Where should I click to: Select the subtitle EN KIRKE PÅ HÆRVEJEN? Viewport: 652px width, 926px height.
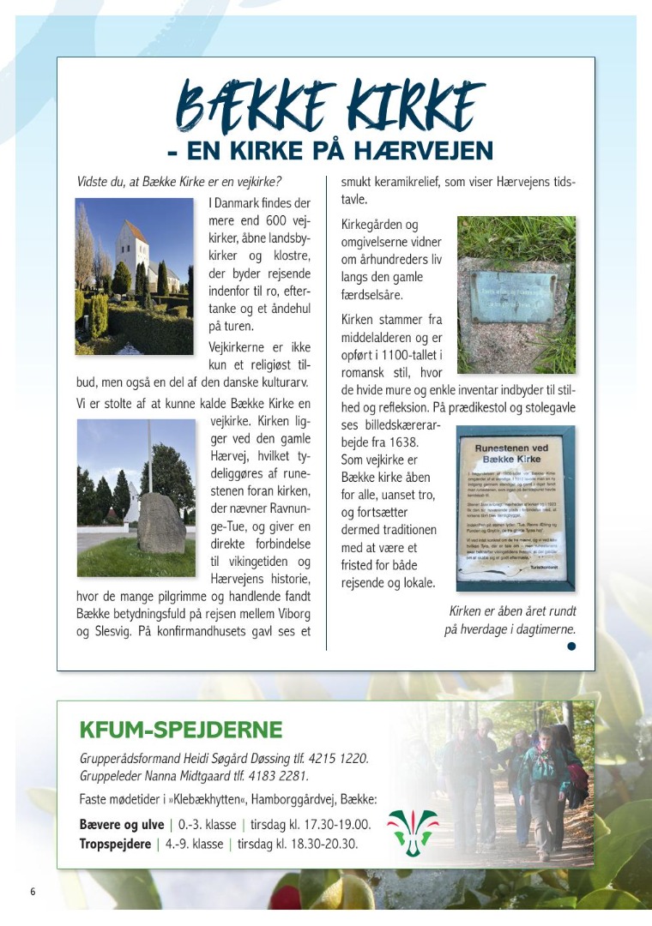(329, 153)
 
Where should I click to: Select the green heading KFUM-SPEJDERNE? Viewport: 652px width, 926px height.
(180, 730)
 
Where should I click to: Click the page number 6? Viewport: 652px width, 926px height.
(33, 892)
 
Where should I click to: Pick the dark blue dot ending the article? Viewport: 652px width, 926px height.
(570, 647)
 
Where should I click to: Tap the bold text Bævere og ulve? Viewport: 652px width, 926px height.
(121, 825)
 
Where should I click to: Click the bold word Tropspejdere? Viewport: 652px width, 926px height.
(115, 845)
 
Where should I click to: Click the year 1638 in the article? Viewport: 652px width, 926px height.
(399, 442)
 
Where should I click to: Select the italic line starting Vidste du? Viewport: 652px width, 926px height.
(178, 182)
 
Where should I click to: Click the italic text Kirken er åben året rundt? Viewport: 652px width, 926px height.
(512, 611)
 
